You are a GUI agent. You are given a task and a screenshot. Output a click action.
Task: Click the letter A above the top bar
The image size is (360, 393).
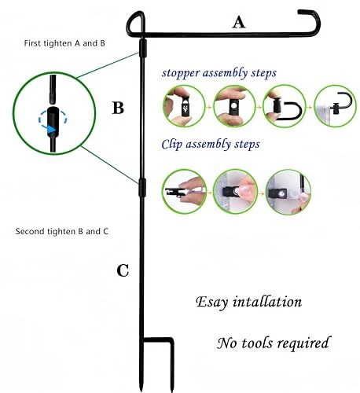point(239,23)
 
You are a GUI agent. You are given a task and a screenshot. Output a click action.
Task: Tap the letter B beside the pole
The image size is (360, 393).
point(118,108)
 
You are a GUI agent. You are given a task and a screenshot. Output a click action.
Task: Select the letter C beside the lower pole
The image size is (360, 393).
point(123,270)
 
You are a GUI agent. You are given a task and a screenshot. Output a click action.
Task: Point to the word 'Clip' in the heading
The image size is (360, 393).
point(171,144)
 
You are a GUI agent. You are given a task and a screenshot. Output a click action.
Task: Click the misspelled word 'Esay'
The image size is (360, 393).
point(211,302)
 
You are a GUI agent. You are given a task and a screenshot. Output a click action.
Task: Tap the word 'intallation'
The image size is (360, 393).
point(267,301)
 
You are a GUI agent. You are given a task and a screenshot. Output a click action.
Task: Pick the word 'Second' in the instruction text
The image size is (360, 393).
point(30,231)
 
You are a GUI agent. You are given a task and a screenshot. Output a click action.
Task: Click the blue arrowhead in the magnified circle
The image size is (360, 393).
point(52,130)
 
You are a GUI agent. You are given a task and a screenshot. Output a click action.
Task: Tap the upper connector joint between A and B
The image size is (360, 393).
point(143,48)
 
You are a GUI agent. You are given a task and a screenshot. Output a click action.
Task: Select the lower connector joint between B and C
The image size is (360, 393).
point(142,187)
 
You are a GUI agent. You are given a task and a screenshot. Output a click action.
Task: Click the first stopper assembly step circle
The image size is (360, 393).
point(184,106)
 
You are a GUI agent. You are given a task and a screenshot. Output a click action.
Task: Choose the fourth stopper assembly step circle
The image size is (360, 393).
point(335,106)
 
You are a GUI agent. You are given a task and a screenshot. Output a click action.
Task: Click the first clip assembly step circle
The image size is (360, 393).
point(184,191)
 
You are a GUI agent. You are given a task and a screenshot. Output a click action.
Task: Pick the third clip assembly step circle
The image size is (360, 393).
point(288,192)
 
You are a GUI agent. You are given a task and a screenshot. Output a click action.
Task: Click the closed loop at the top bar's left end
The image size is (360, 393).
point(135,24)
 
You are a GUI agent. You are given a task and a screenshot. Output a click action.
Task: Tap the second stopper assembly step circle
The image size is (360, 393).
point(234,106)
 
